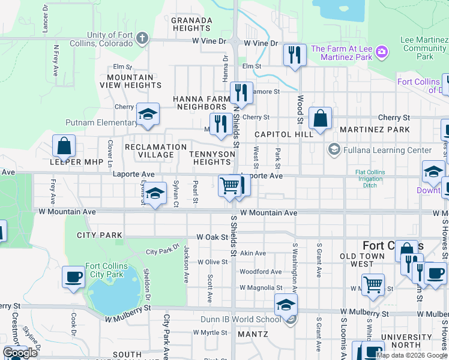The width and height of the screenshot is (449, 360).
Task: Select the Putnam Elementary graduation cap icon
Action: [x=147, y=114]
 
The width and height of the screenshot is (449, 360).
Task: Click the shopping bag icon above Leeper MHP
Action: [x=64, y=146]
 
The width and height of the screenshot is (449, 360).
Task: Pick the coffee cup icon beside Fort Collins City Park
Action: [x=73, y=277]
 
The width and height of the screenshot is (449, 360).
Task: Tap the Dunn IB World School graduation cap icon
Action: [x=286, y=304]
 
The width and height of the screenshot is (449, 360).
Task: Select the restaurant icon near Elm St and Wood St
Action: [x=294, y=55]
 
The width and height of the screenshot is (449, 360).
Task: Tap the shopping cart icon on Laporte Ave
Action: [x=229, y=185]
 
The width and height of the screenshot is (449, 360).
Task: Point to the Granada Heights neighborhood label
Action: [x=191, y=24]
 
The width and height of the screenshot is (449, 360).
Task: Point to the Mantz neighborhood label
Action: [x=252, y=333]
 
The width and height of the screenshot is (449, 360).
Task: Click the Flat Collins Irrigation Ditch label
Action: [x=366, y=179]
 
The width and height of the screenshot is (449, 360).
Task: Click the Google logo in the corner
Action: [x=20, y=353]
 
